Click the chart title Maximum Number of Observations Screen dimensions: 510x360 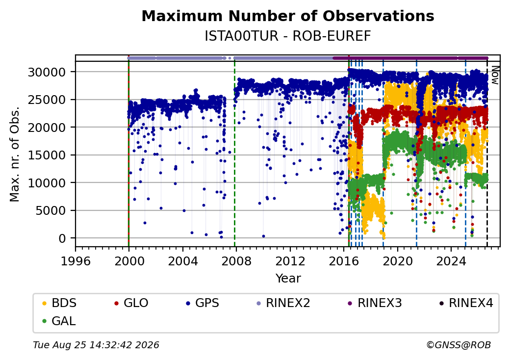click(288, 16)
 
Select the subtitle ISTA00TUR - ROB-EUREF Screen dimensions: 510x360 click(287, 36)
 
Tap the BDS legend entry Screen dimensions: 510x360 click(60, 303)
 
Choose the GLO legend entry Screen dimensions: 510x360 click(131, 303)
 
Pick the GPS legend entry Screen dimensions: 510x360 click(203, 303)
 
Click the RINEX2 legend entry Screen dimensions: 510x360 click(283, 303)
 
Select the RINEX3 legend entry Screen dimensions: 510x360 click(375, 303)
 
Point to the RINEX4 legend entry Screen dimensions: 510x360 click(466, 303)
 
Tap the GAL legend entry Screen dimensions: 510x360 click(59, 321)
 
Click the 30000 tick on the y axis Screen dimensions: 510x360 click(47, 72)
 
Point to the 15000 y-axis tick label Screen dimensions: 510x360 click(47, 155)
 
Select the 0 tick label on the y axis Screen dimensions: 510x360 click(62, 238)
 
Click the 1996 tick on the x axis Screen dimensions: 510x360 click(76, 261)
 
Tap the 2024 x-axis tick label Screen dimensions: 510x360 click(451, 261)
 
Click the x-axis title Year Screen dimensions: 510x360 click(288, 279)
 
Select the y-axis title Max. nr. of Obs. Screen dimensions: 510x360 click(15, 154)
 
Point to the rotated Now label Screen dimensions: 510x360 click(495, 75)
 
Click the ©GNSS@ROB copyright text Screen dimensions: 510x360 click(459, 345)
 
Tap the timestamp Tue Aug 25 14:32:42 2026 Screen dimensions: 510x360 click(96, 345)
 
